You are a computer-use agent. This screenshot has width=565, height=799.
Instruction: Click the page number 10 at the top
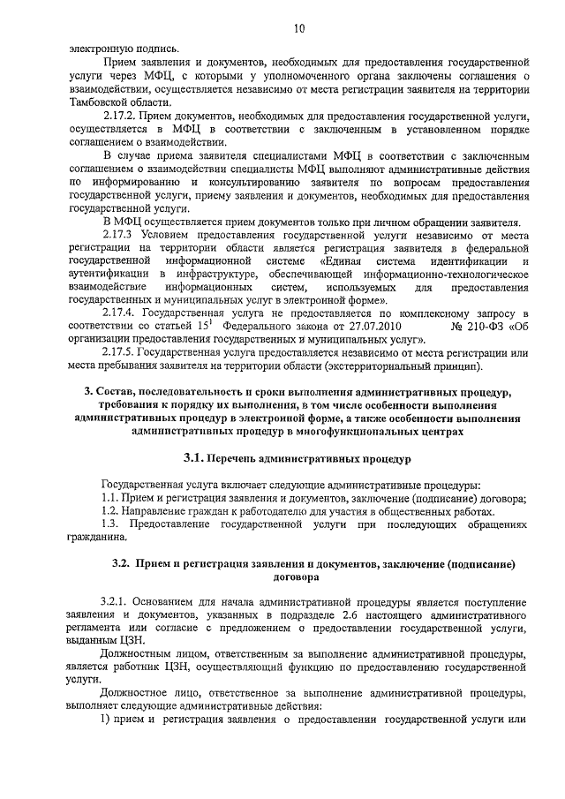[298, 28]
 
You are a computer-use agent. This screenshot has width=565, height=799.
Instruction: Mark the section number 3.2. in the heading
[121, 563]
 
